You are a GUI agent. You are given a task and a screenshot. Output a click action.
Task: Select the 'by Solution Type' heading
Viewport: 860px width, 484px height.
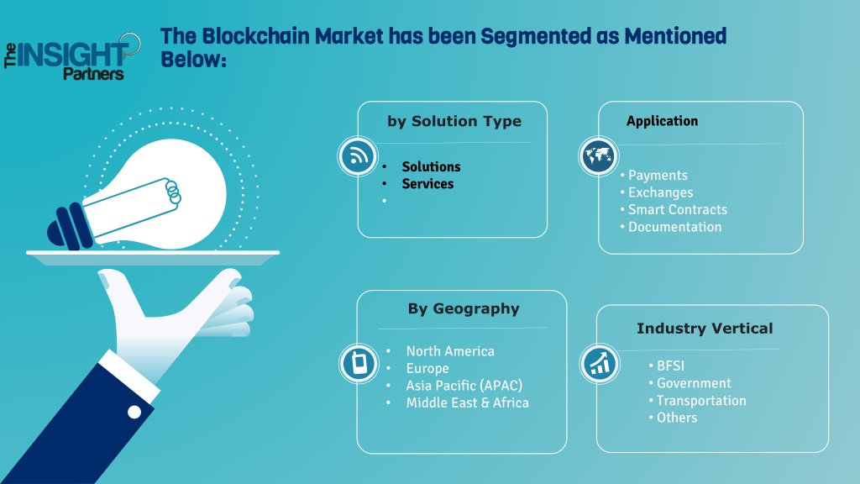(454, 121)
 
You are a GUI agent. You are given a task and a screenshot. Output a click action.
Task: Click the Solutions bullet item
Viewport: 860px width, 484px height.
(431, 166)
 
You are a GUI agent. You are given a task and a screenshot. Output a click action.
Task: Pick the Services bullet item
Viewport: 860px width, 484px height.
(427, 184)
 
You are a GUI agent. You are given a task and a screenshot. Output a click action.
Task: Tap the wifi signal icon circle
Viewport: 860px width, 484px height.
(358, 156)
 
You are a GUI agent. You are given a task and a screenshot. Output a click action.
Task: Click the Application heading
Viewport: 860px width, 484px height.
(662, 121)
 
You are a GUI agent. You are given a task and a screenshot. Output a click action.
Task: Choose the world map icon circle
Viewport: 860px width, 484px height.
(598, 156)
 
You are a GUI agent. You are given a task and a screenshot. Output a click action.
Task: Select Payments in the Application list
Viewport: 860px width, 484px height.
(658, 175)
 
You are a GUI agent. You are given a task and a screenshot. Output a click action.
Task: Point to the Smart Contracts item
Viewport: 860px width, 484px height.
(678, 209)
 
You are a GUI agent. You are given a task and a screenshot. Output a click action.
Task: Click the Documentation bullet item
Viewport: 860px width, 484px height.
(674, 227)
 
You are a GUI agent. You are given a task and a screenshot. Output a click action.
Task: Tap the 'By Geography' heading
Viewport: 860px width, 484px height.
(464, 309)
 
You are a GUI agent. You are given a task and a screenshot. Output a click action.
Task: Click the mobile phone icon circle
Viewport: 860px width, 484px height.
(359, 363)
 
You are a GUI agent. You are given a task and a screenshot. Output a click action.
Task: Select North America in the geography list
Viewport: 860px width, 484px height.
(450, 351)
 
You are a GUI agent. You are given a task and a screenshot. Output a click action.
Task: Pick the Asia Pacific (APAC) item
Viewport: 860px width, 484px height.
(464, 386)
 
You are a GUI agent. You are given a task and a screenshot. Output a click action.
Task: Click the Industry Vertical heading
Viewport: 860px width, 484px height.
(705, 329)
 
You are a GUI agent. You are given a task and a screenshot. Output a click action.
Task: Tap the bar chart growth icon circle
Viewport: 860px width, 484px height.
(600, 364)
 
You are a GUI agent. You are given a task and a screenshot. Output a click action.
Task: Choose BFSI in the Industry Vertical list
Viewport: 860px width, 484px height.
(670, 366)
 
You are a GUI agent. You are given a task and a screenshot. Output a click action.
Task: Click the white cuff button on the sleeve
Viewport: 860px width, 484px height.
(134, 412)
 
